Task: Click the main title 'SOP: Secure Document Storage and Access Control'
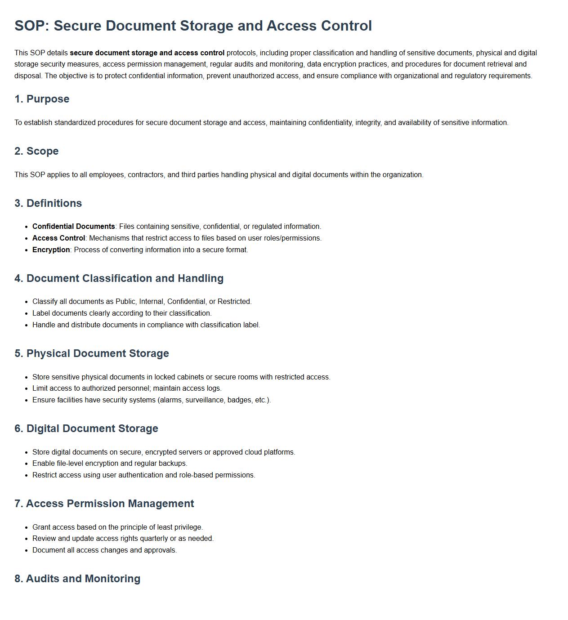click(193, 26)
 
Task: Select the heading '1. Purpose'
click(42, 99)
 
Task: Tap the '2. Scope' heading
click(36, 151)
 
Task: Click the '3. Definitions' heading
click(48, 203)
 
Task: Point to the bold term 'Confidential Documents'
click(73, 227)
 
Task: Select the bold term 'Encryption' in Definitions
click(51, 250)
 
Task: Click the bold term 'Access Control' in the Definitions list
click(58, 238)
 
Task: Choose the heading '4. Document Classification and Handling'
click(119, 278)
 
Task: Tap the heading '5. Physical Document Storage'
click(92, 353)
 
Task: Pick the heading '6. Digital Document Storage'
click(86, 428)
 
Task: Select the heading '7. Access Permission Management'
click(104, 504)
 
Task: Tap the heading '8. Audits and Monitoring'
click(77, 579)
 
